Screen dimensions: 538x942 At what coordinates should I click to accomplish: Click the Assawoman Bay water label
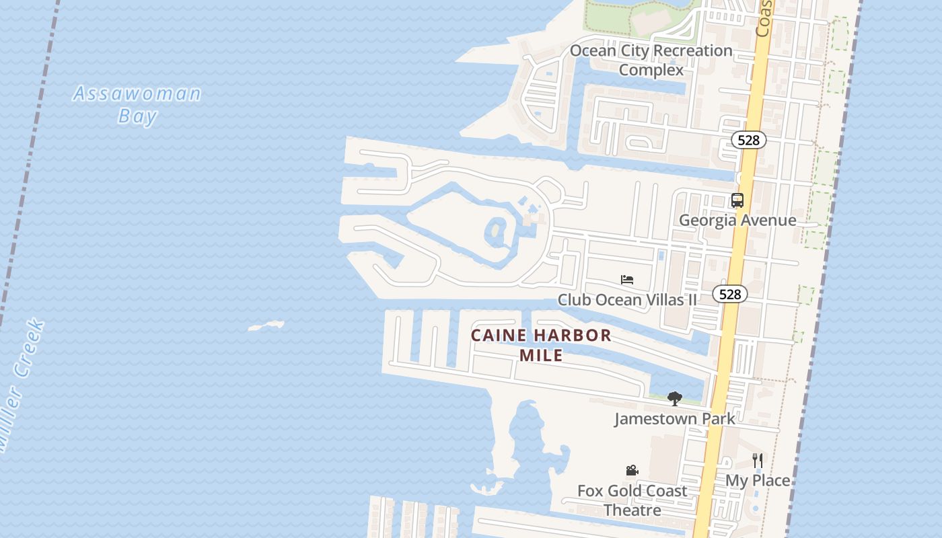pos(137,104)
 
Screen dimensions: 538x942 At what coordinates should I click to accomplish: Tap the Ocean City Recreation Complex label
pos(651,60)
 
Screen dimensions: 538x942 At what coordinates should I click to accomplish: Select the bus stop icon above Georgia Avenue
pos(737,200)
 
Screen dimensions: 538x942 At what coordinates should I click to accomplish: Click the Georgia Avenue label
pos(737,220)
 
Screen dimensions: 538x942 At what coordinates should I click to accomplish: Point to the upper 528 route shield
pos(748,140)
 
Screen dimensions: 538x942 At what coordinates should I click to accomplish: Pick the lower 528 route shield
pos(730,294)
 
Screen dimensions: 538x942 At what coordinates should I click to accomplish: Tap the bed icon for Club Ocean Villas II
pos(627,280)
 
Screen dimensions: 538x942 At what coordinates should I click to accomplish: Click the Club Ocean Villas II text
pos(627,299)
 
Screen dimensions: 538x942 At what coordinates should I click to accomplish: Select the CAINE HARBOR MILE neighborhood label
pos(541,344)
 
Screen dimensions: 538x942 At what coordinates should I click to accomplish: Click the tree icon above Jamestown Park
pos(674,399)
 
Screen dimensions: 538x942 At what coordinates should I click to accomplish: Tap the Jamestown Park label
pos(674,418)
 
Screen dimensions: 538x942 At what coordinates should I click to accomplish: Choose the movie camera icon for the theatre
pos(632,471)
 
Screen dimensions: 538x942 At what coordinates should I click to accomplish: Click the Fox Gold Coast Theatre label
pos(632,500)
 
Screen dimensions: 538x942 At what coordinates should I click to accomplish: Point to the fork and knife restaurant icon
pos(758,461)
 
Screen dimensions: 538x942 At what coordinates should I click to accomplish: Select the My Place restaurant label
pos(758,480)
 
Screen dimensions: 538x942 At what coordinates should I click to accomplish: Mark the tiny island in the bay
pos(266,326)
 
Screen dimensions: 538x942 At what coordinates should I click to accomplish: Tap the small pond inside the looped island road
pos(496,232)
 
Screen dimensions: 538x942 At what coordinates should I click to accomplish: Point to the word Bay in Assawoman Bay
pos(137,116)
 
